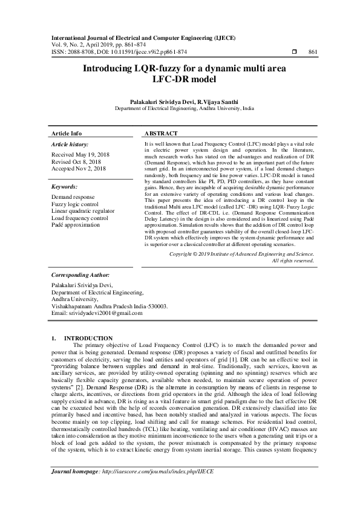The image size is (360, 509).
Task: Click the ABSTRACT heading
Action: click(161, 133)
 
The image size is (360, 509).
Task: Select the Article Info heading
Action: click(67, 133)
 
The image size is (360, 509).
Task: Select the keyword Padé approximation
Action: click(76, 224)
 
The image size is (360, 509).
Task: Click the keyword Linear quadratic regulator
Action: click(82, 211)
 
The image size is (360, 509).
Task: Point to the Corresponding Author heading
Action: click(79, 274)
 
